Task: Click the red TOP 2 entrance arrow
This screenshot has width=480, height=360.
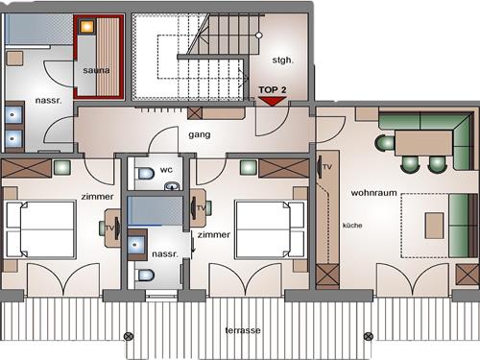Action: pos(272,101)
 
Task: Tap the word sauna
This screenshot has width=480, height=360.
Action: pos(96,70)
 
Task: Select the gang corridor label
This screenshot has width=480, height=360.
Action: pos(200,134)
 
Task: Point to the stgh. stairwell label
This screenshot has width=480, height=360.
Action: pos(282,60)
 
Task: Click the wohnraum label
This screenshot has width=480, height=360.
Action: pos(373,193)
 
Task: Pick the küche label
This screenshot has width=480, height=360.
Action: pos(352,226)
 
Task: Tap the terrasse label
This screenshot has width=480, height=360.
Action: pos(243,330)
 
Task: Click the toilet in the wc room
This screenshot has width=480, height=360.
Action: pos(145,174)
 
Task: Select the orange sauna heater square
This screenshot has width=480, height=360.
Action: pos(86,27)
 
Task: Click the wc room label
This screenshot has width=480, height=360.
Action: pos(166,170)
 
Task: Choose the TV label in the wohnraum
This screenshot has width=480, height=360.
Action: pos(327,167)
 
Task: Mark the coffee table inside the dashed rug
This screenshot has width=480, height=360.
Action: pos(434,226)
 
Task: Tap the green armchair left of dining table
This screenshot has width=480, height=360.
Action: pos(385,143)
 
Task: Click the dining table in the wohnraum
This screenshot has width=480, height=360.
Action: pos(424,143)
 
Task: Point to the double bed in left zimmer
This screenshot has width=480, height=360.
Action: pos(41,229)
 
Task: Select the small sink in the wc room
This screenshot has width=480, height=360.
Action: pos(172,185)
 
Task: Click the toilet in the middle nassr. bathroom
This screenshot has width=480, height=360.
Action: pos(145,275)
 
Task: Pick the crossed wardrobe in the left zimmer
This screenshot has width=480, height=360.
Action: pos(26,168)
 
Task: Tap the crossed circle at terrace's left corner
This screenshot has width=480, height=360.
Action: pos(129,336)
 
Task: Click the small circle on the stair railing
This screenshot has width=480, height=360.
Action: pos(259,36)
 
